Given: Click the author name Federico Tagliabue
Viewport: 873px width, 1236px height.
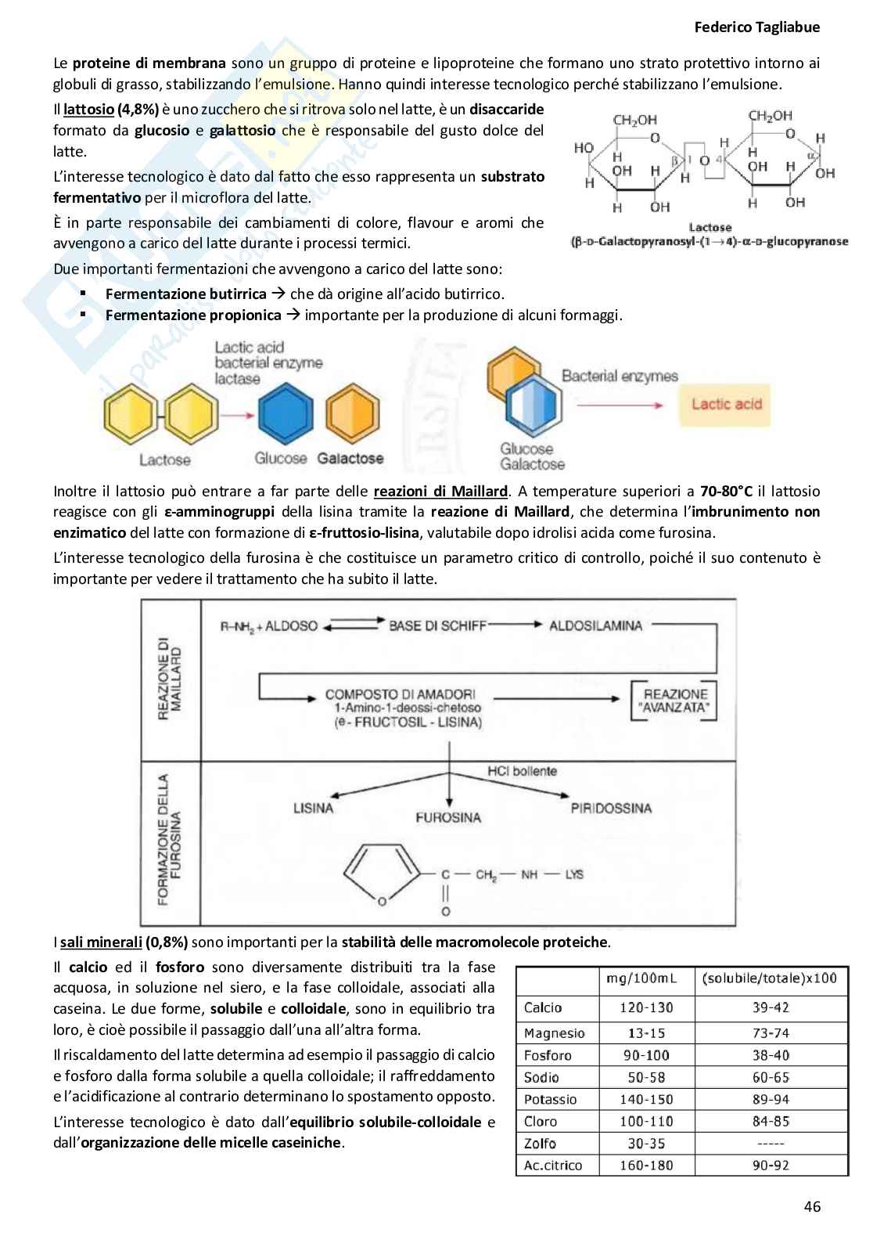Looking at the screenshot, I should coord(756,27).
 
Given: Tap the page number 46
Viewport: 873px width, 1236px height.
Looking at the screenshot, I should coord(812,1206).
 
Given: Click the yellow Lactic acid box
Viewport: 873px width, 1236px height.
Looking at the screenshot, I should coord(726,404).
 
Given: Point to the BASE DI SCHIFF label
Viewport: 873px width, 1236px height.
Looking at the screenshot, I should coord(437,625).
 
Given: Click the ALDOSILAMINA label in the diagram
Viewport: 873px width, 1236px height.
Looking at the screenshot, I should coord(595,625).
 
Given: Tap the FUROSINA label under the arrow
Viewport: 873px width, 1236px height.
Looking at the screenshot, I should coord(448,817).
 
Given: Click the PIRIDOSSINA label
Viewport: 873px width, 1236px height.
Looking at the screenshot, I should coord(610,808).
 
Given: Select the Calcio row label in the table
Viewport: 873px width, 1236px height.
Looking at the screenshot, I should coord(543,1007).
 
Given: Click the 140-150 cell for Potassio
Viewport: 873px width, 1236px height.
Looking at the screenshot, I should coord(646,1099).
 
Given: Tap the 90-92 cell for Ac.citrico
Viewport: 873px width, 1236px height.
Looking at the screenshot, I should coord(771,1165).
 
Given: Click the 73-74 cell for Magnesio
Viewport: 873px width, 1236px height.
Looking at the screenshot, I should coord(771,1033).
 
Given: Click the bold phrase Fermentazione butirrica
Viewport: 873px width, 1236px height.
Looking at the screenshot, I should coord(186,294).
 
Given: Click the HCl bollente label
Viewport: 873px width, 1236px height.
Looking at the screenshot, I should coord(522,771).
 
